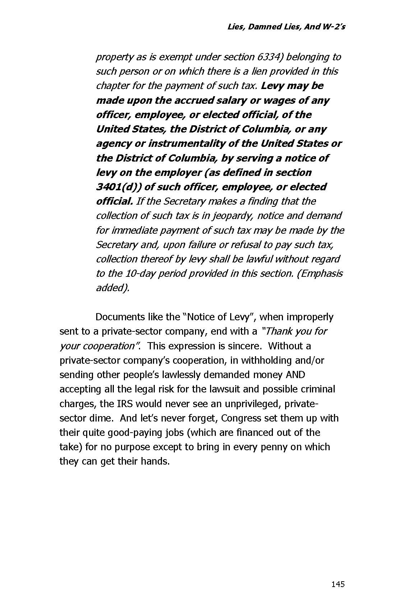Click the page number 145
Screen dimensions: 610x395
pyautogui.click(x=338, y=584)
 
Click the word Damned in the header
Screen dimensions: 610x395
pyautogui.click(x=264, y=27)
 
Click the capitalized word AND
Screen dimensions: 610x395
pyautogui.click(x=295, y=375)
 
